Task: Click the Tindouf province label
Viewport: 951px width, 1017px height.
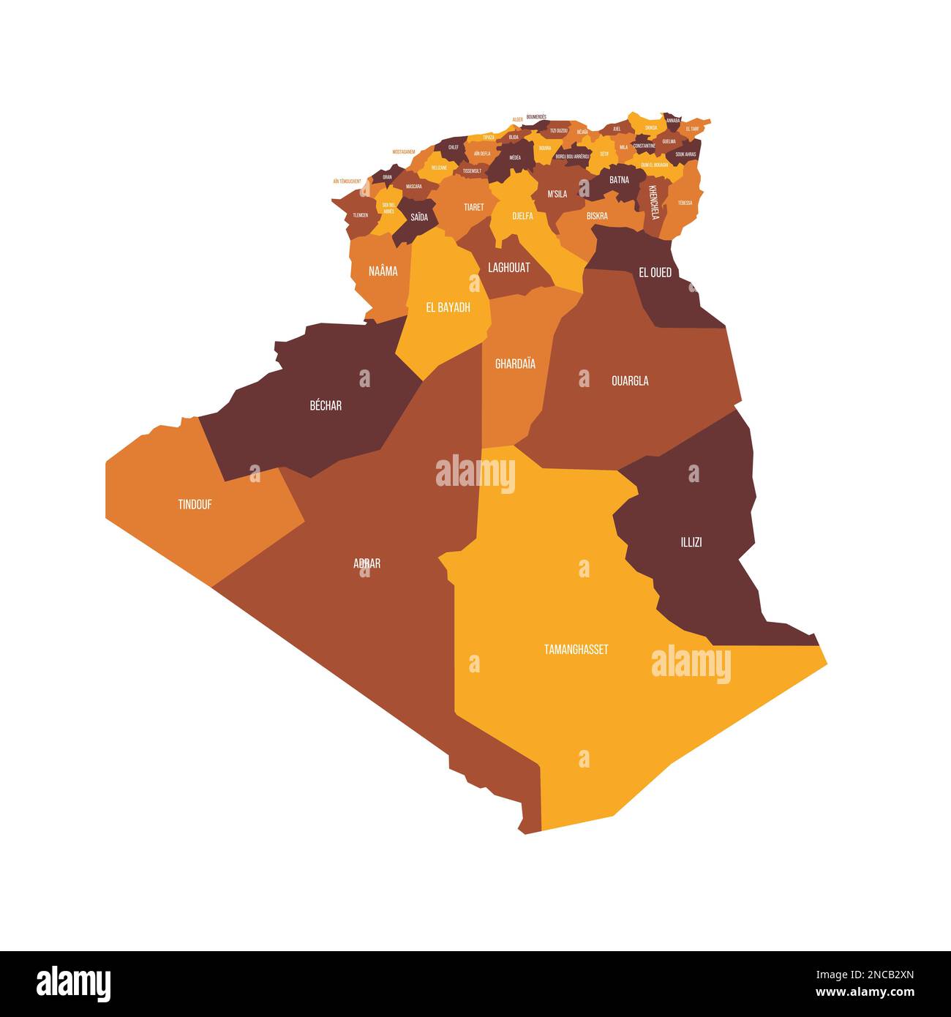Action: point(195,504)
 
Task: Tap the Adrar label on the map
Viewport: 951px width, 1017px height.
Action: point(367,563)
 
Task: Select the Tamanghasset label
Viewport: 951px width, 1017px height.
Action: point(576,649)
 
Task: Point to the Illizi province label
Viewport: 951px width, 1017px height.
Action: point(691,542)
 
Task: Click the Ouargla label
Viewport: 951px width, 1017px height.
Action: point(630,380)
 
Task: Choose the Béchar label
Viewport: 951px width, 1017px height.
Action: point(326,405)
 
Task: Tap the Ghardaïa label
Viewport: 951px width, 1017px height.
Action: point(515,364)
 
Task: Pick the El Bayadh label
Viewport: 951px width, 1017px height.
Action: point(448,307)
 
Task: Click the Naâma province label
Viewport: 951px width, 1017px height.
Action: point(383,271)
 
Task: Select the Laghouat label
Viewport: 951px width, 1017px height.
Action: point(508,268)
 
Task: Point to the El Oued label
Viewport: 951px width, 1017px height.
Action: point(655,272)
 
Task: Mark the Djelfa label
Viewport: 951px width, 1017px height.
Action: point(522,216)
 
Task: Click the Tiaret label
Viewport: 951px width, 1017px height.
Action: point(474,207)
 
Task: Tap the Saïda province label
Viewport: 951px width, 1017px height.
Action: point(419,217)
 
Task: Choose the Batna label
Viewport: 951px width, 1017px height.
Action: point(619,180)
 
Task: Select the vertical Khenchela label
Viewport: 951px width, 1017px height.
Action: point(654,201)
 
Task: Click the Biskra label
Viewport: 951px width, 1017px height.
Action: point(597,216)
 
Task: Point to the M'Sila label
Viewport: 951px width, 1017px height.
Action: point(557,194)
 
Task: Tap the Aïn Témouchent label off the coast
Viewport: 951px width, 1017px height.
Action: point(347,181)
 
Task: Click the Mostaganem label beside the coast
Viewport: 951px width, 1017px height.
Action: point(404,151)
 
